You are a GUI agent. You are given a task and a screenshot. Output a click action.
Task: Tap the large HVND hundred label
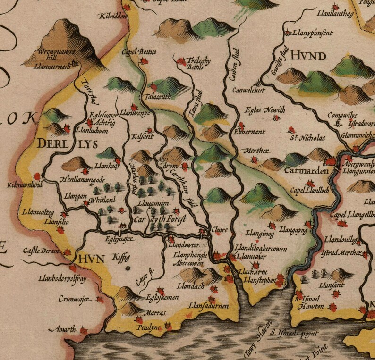coord(308,57)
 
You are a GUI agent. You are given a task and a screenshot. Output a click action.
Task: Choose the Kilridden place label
coord(112,17)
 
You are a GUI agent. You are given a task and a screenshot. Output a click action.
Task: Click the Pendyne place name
coord(148,327)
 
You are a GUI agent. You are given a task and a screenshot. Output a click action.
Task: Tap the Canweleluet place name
coord(249,89)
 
